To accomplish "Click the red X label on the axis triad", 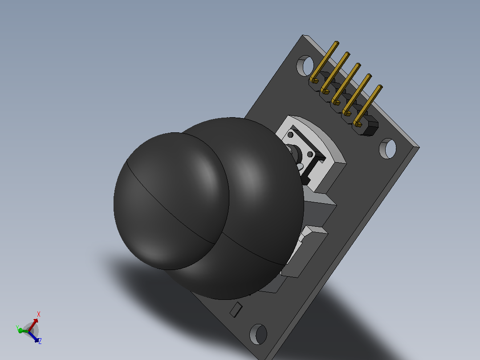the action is click(x=39, y=314).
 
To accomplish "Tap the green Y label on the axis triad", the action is click(x=17, y=327).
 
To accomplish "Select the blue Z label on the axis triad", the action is click(x=40, y=341).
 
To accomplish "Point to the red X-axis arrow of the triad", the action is click(x=33, y=324).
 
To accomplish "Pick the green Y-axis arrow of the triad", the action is click(x=23, y=331).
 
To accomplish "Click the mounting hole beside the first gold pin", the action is click(x=305, y=65).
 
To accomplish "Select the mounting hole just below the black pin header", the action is click(x=387, y=149).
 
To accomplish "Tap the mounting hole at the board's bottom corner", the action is click(x=258, y=334).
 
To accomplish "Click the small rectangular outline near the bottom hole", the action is click(x=236, y=310).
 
